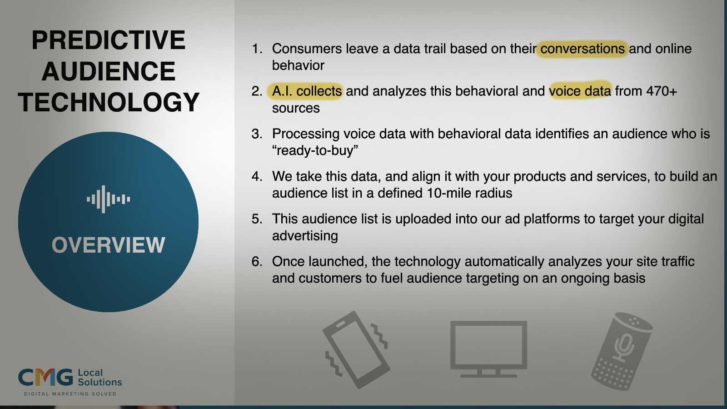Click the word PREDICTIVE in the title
coord(109,40)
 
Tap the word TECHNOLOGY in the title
coord(109,102)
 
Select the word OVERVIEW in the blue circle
coord(109,245)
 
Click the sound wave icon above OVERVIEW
coord(109,199)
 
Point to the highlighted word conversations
coord(582,49)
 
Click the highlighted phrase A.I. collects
coord(307,91)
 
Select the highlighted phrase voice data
coord(580,91)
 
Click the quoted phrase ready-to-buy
coord(315,150)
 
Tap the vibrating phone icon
coord(357,349)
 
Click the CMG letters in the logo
coord(45,377)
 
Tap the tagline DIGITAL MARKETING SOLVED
coord(70,394)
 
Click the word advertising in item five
coord(305,236)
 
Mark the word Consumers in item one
coord(307,49)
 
